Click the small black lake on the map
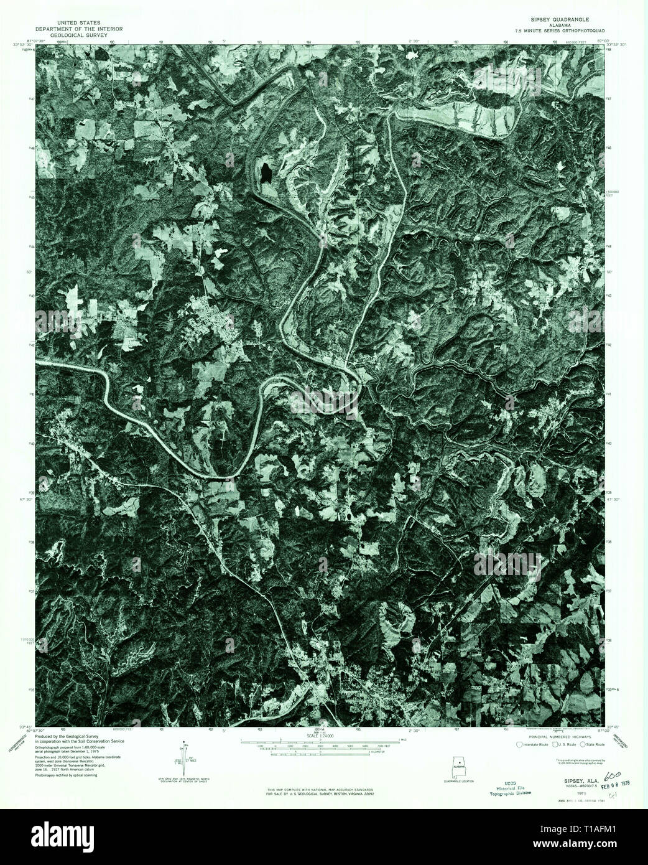coord(266,171)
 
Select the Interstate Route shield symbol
coord(520,744)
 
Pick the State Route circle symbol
coord(583,744)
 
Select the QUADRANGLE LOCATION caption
coord(459,782)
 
